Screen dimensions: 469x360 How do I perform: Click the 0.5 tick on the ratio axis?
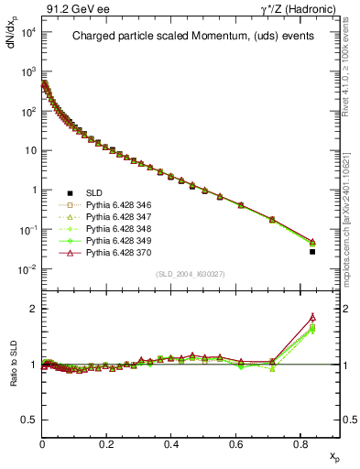29,420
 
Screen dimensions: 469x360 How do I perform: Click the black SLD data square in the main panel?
312,251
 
